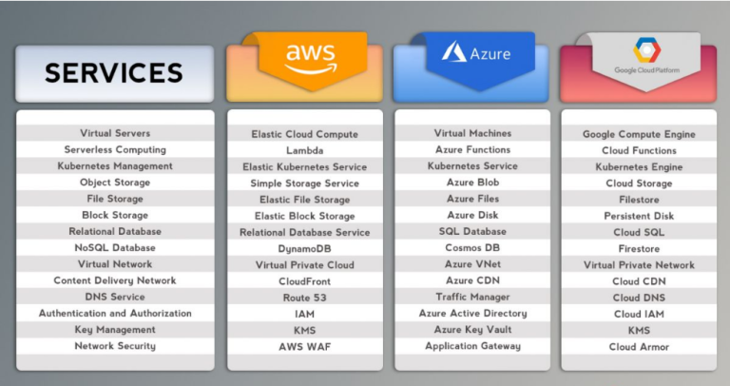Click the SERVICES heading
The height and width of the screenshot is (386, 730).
pos(114,72)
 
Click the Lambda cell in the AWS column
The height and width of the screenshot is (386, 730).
pos(304,150)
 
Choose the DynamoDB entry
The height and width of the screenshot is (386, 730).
pos(304,248)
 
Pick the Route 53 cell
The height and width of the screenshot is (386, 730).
pos(304,298)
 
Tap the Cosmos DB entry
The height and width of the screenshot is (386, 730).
pos(471,247)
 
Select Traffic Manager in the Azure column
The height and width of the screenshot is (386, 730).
pos(471,297)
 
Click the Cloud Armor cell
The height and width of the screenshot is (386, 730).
pos(638,347)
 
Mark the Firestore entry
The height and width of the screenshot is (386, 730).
pos(638,248)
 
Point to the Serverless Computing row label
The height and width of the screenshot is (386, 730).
pos(114,149)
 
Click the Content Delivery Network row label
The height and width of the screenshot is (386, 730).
pos(114,280)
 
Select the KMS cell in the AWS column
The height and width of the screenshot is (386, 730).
pos(304,330)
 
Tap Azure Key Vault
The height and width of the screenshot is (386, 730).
pos(471,329)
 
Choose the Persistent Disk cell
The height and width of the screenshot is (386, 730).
pos(638,216)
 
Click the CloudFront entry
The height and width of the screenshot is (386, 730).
pos(304,281)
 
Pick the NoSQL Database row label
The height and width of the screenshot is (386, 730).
pos(114,247)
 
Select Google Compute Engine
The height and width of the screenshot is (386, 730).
pos(638,134)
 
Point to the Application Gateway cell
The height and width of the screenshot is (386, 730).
pos(471,346)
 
